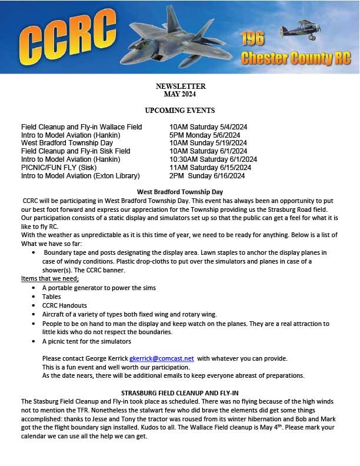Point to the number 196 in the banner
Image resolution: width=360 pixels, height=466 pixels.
[252, 39]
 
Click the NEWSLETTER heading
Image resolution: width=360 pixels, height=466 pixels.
[181, 86]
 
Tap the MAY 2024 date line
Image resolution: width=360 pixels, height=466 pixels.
[181, 94]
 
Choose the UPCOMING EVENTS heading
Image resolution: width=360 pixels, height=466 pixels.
[180, 110]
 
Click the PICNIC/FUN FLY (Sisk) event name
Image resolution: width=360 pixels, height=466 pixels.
[58, 167]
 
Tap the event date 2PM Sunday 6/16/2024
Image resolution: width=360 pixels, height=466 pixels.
[206, 175]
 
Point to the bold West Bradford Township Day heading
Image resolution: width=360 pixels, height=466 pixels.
[180, 192]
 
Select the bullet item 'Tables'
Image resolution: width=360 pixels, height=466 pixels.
[51, 297]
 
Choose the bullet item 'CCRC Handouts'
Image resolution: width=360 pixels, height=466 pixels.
[65, 305]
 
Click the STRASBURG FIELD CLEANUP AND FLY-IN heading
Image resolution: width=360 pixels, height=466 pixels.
[180, 392]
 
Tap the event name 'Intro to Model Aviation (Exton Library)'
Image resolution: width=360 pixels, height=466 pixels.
[81, 175]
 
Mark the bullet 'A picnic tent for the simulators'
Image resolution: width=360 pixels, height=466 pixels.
[86, 341]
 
